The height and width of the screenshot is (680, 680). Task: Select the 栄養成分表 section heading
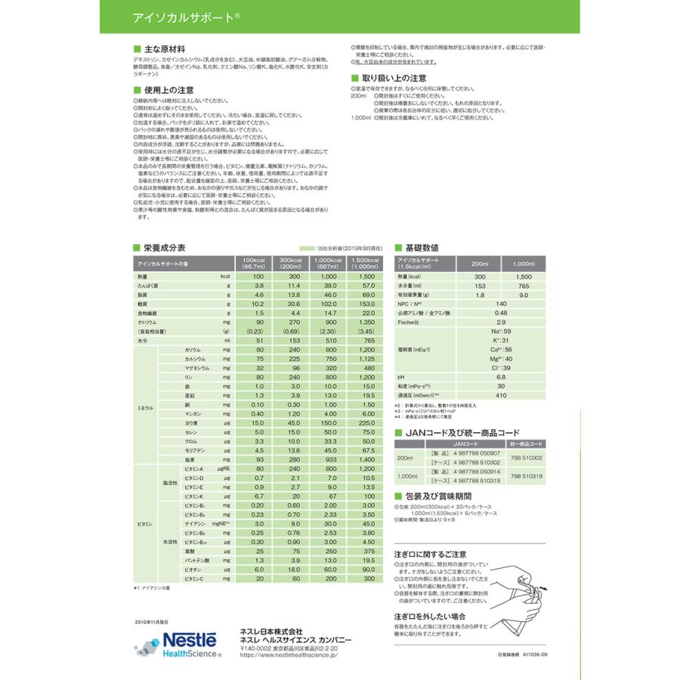pyautogui.click(x=159, y=248)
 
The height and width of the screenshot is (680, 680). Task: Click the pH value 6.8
pyautogui.click(x=500, y=376)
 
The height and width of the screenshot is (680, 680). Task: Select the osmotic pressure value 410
pyautogui.click(x=500, y=395)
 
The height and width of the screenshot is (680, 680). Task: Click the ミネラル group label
pyautogui.click(x=144, y=407)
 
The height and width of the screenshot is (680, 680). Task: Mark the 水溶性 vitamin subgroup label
pyautogui.click(x=169, y=542)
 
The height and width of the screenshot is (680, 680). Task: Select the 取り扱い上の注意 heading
pyautogui.click(x=394, y=78)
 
